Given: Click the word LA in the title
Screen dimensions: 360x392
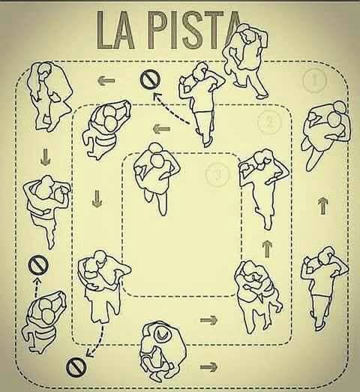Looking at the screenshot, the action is coord(115,30).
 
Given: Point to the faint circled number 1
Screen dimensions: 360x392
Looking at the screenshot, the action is coord(315,80).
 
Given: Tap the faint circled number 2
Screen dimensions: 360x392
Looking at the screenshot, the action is coord(269,122).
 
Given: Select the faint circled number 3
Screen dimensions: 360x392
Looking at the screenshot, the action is coord(217,174).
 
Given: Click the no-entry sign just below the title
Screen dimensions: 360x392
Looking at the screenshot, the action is coord(150,79).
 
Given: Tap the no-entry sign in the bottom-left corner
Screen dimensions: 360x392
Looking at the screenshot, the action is coord(76,367).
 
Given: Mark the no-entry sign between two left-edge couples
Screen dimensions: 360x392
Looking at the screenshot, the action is coord(38,265).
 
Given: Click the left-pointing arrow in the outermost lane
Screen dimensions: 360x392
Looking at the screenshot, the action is coord(106,80).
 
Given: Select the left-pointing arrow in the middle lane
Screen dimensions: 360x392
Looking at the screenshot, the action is coord(161,129).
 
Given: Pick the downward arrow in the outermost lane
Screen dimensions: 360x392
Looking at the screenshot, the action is coord(45,157).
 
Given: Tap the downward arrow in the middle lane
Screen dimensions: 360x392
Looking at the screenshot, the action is coord(97,199).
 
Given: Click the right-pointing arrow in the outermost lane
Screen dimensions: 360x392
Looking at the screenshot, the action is coord(208,367).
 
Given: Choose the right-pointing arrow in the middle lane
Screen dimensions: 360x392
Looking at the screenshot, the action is coord(209,320).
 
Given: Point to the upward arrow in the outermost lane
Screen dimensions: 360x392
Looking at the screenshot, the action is coord(322,206).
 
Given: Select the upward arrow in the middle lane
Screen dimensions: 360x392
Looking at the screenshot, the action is coord(267,249).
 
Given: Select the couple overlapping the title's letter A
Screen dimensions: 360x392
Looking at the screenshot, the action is coord(245,60).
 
